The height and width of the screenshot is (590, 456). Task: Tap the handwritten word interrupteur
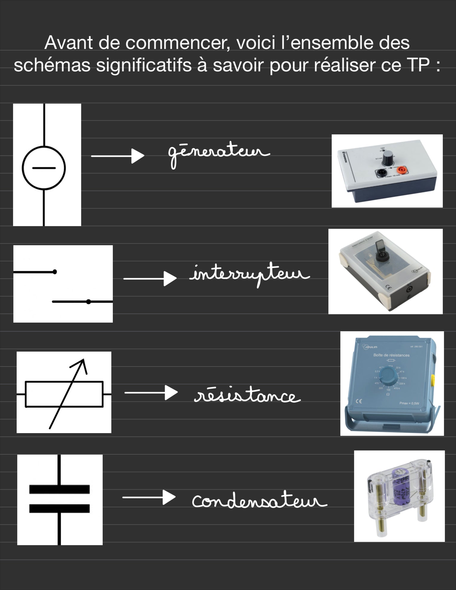250,274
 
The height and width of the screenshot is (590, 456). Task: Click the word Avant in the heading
69,43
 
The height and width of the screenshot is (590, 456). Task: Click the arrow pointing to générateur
118,156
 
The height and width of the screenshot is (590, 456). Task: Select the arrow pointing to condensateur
149,497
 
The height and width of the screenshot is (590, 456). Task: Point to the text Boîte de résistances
391,355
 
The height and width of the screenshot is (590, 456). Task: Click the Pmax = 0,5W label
409,403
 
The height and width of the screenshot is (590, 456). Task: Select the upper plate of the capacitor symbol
59,489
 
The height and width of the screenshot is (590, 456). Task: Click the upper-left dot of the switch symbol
55,272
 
